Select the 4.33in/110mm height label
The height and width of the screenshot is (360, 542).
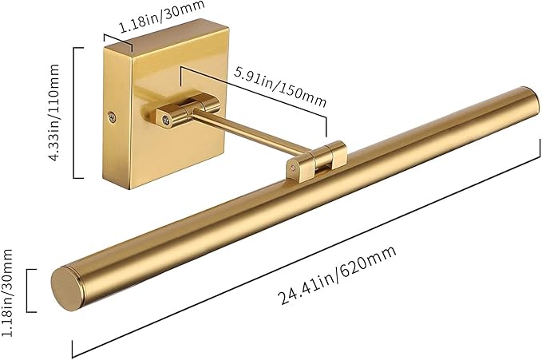pos(54,112)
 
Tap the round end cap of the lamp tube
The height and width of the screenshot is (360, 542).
pos(66,286)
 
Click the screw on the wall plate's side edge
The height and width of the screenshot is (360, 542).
pos(112,117)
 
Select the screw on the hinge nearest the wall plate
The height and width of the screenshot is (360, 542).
pos(165,120)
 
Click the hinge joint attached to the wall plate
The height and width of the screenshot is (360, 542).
pos(188,111)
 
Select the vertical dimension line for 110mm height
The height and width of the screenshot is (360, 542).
pos(74,112)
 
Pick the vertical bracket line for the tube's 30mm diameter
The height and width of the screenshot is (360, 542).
pos(28,290)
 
